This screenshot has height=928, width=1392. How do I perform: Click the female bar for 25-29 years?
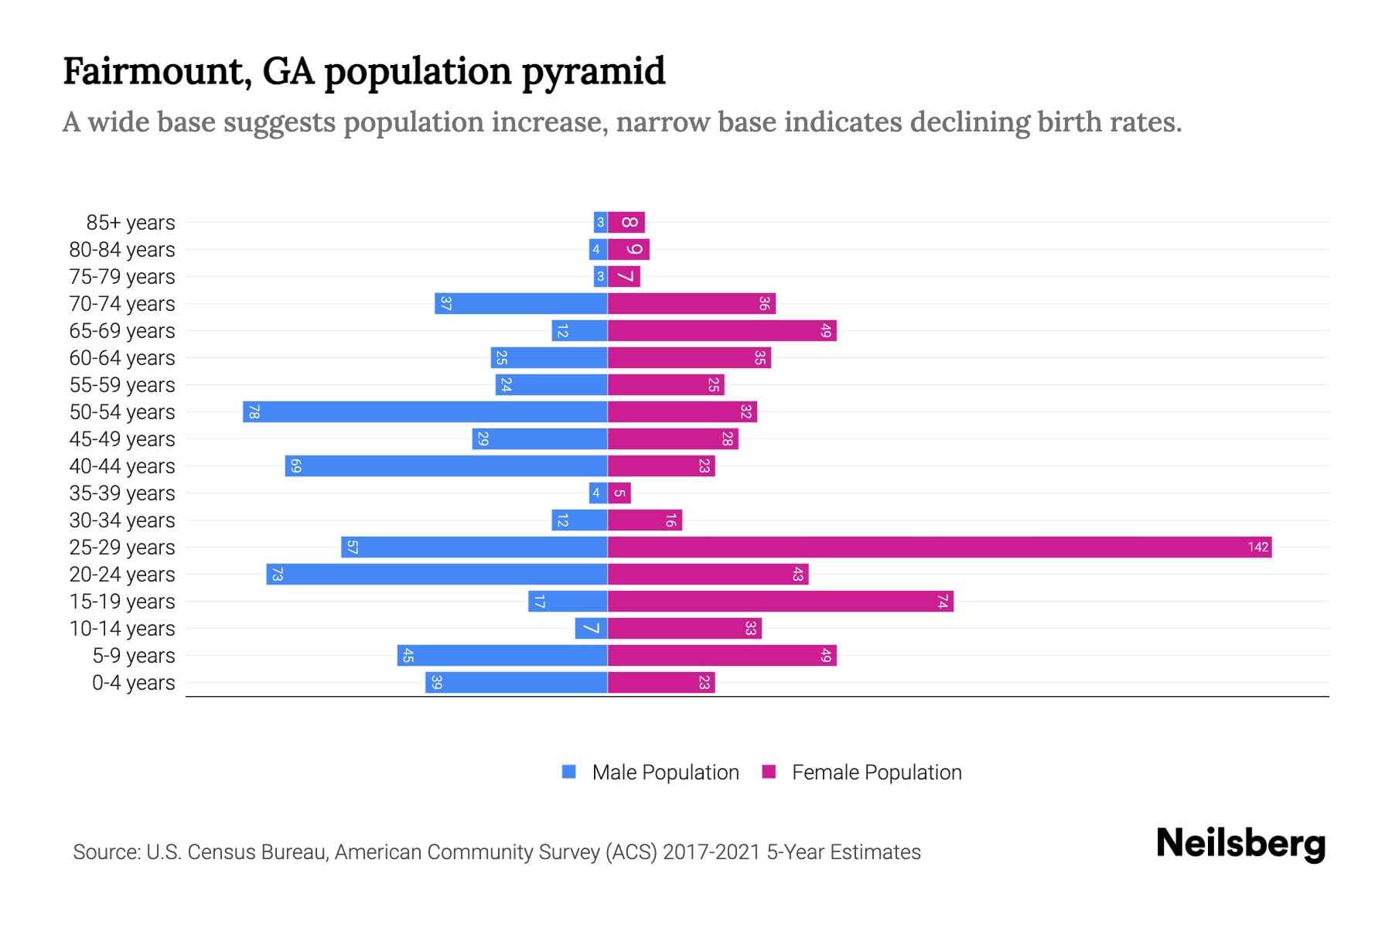(x=939, y=548)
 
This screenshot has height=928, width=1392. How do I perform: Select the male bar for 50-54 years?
(x=425, y=412)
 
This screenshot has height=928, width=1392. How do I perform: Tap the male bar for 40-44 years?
(x=445, y=466)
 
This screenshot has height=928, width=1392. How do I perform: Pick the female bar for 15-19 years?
(x=780, y=602)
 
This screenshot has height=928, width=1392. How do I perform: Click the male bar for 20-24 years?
(x=436, y=575)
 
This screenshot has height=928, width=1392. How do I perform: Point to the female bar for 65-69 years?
(x=722, y=331)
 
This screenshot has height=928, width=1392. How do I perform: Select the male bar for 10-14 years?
(x=591, y=629)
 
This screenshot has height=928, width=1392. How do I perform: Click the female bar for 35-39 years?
(x=619, y=493)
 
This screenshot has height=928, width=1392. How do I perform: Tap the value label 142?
(x=1257, y=548)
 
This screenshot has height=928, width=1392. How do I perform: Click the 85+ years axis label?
(x=130, y=223)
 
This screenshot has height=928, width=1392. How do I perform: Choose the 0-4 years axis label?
(x=133, y=683)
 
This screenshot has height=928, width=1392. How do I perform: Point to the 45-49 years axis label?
(x=122, y=439)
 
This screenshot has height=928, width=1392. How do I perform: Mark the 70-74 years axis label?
(x=122, y=304)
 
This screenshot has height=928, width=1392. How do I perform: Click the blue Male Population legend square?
(x=569, y=772)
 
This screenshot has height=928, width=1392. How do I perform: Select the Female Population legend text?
(x=876, y=773)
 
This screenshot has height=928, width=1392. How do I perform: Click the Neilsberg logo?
(x=1240, y=844)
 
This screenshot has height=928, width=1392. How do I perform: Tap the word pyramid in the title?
(x=593, y=72)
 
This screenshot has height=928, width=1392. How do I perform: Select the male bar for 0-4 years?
(x=516, y=683)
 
